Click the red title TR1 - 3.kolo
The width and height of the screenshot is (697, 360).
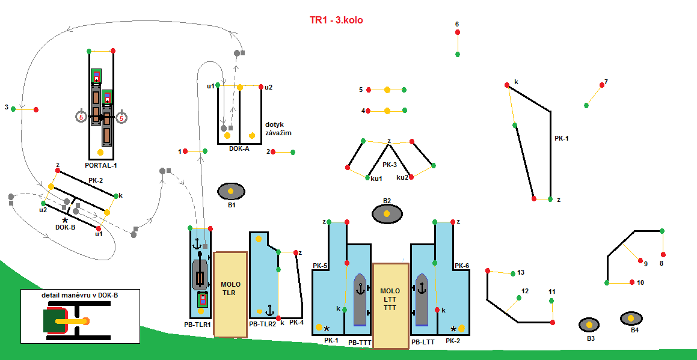(x=336, y=20)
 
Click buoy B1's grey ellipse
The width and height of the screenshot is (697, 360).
(x=231, y=191)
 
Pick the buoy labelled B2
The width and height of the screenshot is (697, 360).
(x=387, y=213)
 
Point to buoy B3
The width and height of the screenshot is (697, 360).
(x=589, y=325)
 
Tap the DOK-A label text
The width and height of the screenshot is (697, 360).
(x=239, y=148)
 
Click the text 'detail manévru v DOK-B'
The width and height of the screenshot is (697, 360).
(x=79, y=294)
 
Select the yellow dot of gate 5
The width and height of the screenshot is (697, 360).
(x=387, y=90)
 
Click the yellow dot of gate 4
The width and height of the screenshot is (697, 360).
(x=387, y=111)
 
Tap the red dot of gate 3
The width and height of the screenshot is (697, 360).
(x=36, y=109)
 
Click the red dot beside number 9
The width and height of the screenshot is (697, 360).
(x=639, y=261)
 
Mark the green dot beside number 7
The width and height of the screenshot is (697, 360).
(x=586, y=105)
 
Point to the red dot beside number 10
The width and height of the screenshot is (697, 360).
(x=632, y=282)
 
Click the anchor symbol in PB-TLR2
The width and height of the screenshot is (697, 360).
(x=270, y=311)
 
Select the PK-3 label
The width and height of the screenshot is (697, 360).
(x=390, y=165)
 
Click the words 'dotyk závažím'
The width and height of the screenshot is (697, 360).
(x=278, y=129)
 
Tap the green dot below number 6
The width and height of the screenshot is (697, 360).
(x=458, y=54)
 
